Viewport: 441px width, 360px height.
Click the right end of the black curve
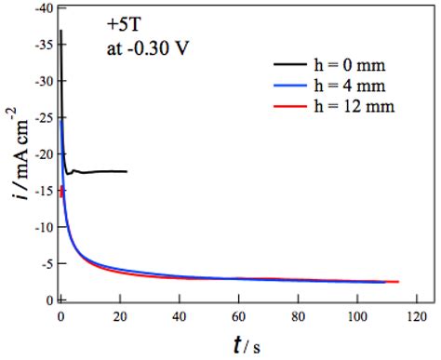coord(127,171)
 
